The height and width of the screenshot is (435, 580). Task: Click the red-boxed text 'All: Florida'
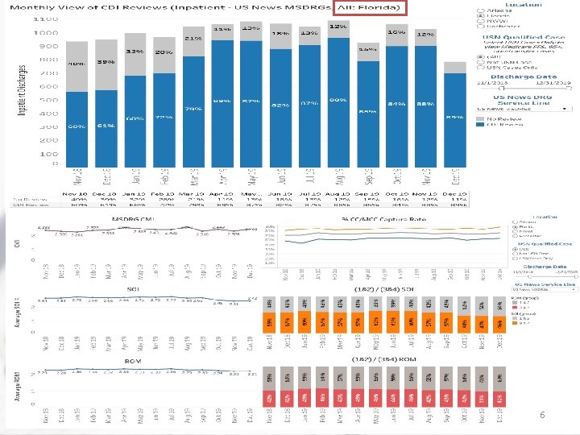[x=369, y=8]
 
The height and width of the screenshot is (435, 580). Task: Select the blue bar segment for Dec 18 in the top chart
[x=106, y=129]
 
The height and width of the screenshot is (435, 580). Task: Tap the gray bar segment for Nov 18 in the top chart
[x=77, y=66]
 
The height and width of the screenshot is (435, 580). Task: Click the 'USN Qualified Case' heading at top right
[x=513, y=37]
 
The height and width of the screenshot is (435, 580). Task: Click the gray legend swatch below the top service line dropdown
[x=482, y=118]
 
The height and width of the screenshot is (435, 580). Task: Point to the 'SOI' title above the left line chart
[x=134, y=288]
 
